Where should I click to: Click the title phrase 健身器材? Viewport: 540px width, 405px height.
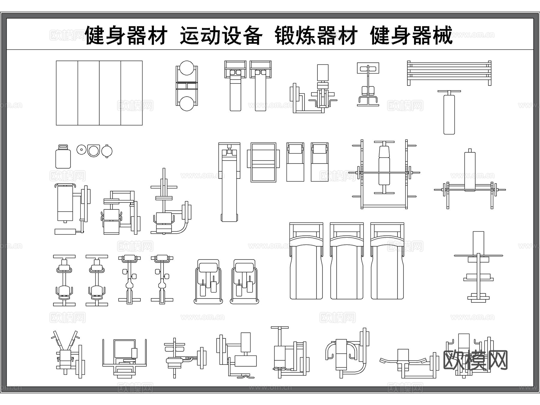[x=126, y=36]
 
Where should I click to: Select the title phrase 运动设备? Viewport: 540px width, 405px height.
[x=221, y=36]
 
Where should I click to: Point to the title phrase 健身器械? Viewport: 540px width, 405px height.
[x=411, y=36]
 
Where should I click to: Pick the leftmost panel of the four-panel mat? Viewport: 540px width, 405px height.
[x=67, y=93]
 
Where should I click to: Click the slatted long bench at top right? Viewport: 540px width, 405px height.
[x=449, y=73]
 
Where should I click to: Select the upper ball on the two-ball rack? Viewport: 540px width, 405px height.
[x=187, y=68]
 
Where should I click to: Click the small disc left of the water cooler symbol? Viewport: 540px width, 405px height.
[x=81, y=149]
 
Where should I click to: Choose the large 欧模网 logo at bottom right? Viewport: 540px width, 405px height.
[x=475, y=360]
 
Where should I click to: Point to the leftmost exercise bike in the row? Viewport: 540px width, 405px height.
[x=64, y=280]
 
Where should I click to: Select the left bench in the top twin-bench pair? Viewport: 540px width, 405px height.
[x=235, y=87]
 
